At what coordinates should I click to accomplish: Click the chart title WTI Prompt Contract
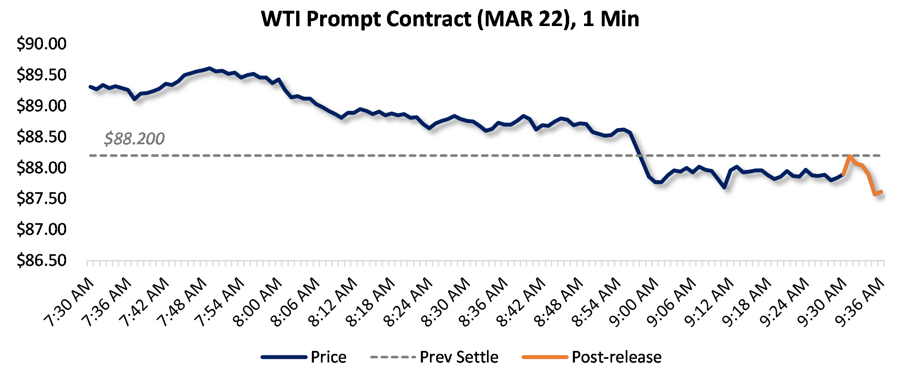(450, 19)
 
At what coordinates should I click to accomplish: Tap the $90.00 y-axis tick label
(41, 43)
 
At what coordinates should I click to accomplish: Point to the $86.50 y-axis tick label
(41, 260)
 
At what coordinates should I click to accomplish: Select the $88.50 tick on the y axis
(41, 136)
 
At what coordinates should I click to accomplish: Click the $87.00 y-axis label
(41, 229)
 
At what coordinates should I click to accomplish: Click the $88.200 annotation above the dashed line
(134, 138)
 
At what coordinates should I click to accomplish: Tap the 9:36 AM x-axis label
(860, 302)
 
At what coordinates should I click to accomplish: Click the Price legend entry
(328, 357)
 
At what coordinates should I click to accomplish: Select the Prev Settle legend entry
(459, 357)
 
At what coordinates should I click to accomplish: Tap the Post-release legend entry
(616, 357)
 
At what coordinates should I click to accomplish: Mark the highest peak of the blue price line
(209, 68)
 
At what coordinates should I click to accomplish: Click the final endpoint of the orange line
(881, 192)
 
